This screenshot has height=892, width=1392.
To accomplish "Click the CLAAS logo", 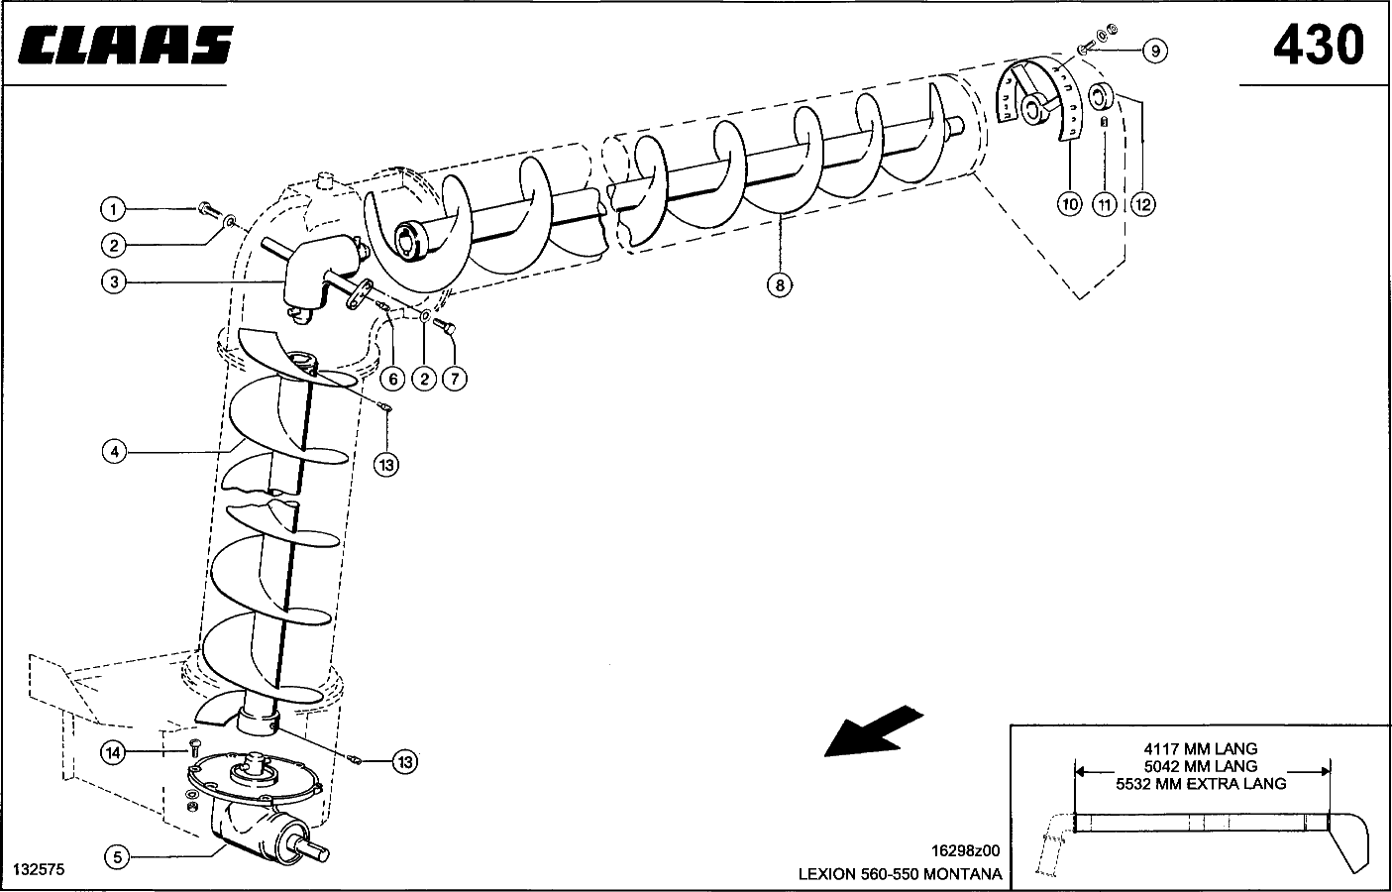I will [127, 46].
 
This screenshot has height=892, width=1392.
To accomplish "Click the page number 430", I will [1318, 46].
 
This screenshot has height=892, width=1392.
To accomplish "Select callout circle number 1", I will [114, 209].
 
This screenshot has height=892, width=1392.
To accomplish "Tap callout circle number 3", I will [114, 281].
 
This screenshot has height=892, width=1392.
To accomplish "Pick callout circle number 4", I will [114, 452].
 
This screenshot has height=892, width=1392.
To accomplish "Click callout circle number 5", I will [117, 857].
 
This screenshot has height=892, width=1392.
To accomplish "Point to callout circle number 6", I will [392, 379].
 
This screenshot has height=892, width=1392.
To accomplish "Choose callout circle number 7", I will [454, 379].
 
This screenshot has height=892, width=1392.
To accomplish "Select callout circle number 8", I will [780, 285].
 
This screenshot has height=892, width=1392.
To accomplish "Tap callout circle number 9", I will [1153, 51].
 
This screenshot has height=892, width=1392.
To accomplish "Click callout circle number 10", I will [1070, 205].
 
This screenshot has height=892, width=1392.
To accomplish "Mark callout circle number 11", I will [1105, 205].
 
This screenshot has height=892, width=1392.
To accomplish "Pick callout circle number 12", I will [1141, 205].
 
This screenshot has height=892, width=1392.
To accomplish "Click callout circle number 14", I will [114, 753].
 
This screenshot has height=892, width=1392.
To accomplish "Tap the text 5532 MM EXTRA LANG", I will [1200, 784].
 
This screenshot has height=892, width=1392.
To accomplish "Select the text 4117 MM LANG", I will [1200, 748].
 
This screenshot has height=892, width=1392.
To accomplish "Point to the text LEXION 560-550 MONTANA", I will [900, 874].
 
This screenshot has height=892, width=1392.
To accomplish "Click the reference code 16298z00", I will [966, 850].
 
